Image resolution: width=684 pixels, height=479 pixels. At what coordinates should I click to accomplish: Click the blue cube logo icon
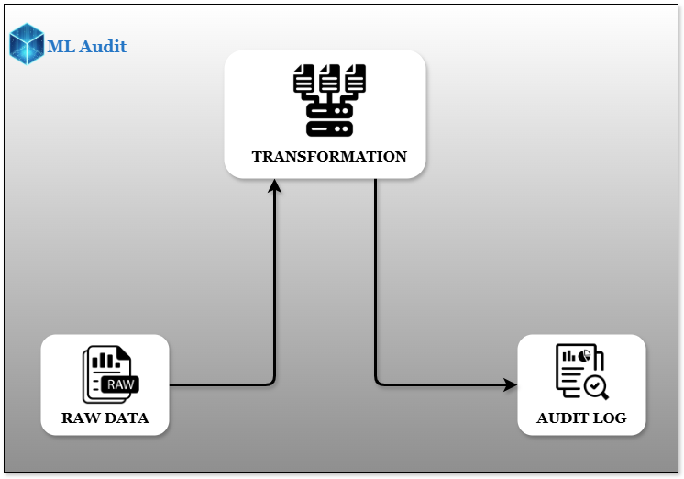click(x=27, y=45)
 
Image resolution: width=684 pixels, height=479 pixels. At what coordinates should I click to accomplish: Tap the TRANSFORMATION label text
click(x=329, y=156)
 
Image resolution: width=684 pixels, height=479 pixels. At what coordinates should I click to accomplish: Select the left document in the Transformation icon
click(x=303, y=77)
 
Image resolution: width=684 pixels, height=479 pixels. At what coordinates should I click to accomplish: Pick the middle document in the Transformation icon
click(x=329, y=77)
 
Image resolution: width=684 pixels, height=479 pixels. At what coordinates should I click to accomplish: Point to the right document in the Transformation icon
click(x=355, y=77)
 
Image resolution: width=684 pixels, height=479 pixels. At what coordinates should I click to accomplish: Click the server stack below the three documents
click(x=329, y=117)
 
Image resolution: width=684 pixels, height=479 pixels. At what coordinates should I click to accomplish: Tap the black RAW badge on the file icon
click(x=120, y=384)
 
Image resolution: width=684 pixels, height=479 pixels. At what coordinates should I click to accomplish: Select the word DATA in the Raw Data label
click(x=126, y=418)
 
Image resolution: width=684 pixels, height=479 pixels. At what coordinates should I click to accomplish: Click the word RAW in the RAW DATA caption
click(x=80, y=418)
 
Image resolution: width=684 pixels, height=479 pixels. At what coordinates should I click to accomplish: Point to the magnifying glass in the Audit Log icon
click(x=596, y=386)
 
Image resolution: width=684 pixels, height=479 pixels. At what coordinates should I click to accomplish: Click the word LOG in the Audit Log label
click(x=610, y=418)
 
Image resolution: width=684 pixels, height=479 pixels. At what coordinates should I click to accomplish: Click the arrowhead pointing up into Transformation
click(x=274, y=186)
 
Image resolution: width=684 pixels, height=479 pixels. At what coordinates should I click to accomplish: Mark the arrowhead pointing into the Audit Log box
click(x=510, y=384)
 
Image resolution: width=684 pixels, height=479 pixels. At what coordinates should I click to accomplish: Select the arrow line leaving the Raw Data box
click(x=220, y=384)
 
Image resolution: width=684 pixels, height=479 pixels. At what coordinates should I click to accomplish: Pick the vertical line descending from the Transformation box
click(x=375, y=275)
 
